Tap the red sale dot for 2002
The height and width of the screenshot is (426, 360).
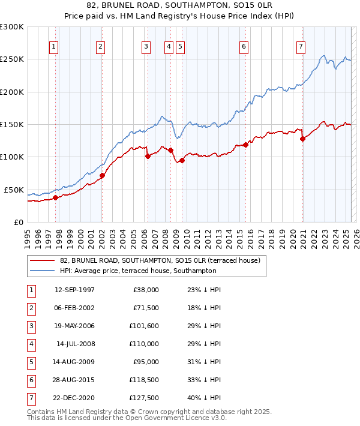[x=102, y=176]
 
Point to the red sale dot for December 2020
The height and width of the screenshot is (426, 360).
[x=303, y=139]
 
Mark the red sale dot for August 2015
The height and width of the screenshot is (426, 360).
[x=246, y=145]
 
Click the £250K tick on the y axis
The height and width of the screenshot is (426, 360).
[x=12, y=59]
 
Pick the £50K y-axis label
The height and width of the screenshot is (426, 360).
[x=14, y=190]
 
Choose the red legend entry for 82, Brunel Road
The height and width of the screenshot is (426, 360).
[x=160, y=260]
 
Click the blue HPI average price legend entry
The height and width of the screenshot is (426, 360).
[x=163, y=271]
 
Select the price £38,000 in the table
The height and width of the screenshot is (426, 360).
[x=146, y=290]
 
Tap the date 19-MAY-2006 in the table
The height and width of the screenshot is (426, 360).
[x=74, y=326]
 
